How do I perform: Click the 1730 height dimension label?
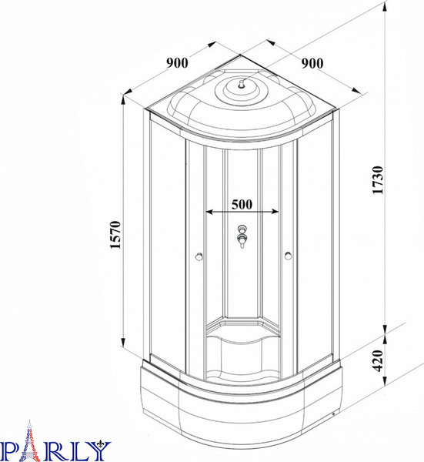coord(378,179)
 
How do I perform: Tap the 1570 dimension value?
coord(115,235)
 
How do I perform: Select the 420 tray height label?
coord(378,360)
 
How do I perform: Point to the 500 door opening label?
coord(242,204)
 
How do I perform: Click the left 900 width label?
coord(177,63)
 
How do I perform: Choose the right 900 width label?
coord(312,63)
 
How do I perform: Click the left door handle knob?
coord(199,256)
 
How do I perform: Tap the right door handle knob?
coord(289,256)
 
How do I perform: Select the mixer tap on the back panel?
coord(242,236)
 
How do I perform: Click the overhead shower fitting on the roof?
coord(242,85)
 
